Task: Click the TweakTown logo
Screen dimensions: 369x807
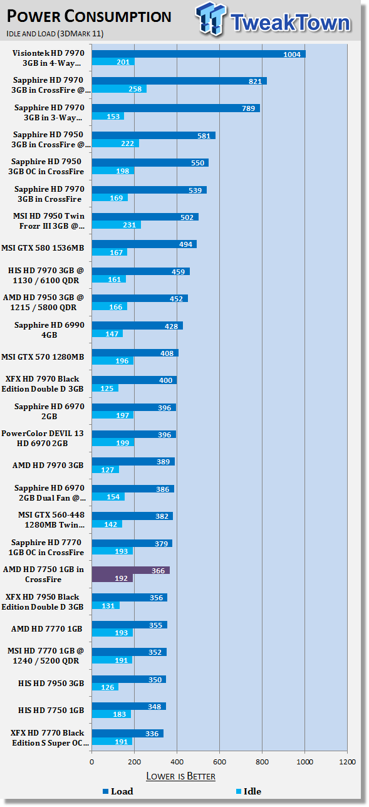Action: click(273, 19)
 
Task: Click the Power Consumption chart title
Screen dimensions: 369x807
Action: click(89, 16)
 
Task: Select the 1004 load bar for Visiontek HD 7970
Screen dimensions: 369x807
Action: click(199, 54)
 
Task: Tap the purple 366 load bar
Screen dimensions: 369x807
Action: click(131, 570)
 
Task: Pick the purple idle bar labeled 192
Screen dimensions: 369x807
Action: click(112, 578)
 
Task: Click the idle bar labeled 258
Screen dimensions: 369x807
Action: click(119, 89)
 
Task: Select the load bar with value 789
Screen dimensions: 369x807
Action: click(176, 108)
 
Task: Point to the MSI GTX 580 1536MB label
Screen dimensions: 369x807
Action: click(43, 248)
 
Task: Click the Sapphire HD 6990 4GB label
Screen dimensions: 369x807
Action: click(49, 330)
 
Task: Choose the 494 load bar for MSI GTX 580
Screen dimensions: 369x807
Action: click(144, 244)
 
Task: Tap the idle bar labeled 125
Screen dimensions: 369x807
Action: click(105, 388)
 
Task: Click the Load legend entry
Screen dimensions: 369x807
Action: click(118, 791)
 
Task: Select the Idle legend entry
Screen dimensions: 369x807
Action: click(249, 791)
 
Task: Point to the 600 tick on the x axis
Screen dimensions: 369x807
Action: click(219, 762)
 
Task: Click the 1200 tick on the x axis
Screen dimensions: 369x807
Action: click(347, 762)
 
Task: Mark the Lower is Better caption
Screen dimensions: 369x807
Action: click(180, 776)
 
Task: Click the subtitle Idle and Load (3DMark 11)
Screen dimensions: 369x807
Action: click(55, 34)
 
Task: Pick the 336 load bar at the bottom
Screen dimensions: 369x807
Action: click(128, 733)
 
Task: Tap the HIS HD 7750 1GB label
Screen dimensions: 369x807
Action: click(51, 710)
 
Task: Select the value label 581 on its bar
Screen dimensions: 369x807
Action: click(204, 136)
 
